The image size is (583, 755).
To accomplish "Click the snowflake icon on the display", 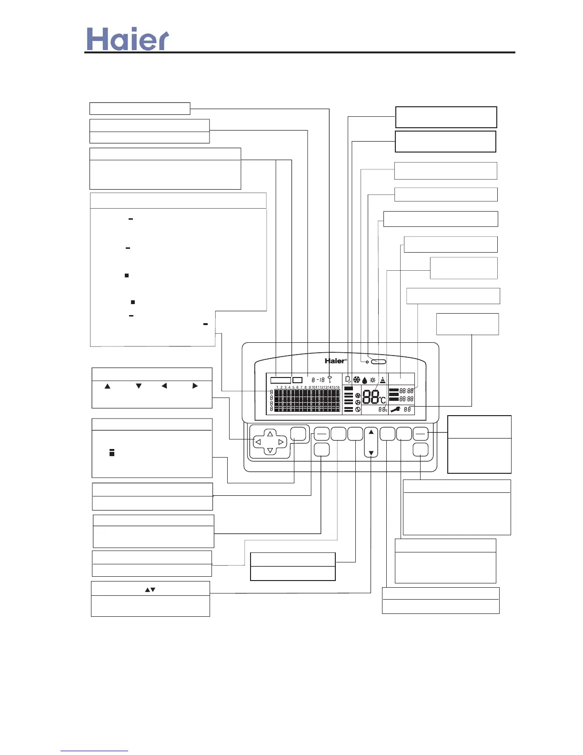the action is tap(357, 380).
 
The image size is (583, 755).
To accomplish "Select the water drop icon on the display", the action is tap(365, 380).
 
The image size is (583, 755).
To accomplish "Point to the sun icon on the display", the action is tap(372, 380).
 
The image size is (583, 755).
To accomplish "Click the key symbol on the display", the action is tap(329, 379).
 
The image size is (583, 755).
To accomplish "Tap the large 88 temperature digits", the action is tap(371, 397).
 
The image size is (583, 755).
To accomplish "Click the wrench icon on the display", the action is tap(395, 409).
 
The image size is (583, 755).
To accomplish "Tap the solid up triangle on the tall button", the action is tap(371, 432).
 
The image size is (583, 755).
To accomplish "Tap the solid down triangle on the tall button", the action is tap(371, 453).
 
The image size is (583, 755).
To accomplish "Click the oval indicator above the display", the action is tap(379, 362).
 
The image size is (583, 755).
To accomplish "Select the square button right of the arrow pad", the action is tap(298, 434).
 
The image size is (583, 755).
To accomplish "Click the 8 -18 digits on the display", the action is tap(318, 380).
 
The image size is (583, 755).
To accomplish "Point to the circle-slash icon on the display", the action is tap(358, 409).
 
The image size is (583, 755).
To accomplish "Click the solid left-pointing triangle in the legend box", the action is tap(164, 386).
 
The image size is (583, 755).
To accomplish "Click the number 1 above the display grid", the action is tap(277, 388).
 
